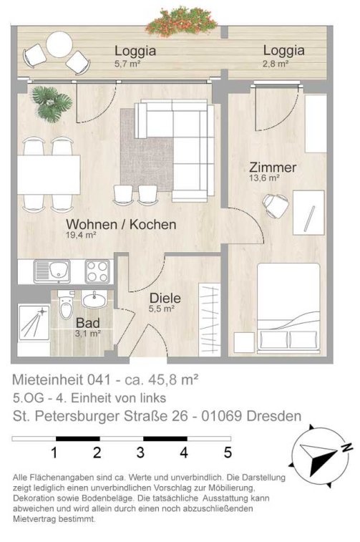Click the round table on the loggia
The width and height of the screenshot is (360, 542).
pos(59,44)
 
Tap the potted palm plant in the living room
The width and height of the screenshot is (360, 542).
pos(52,103)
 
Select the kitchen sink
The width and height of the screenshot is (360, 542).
pos(52,271)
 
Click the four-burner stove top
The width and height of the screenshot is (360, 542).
pos(98,271)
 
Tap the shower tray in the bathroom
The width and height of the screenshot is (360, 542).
pos(34,322)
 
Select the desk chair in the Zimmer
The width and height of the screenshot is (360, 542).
pos(276,205)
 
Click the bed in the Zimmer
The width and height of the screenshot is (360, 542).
pos(288,308)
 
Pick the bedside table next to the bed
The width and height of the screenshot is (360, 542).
pos(244,342)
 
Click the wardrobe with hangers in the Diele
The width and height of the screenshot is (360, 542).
pos(210,319)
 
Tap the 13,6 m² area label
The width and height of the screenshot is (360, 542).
pos(264,178)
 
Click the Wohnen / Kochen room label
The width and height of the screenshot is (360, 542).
pos(121,224)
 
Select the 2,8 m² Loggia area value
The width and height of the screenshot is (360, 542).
pos(276,64)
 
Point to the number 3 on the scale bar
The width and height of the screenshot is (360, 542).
pos(140,453)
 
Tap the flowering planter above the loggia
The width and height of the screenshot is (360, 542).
pos(181,21)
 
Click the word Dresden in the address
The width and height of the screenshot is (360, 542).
pos(273,416)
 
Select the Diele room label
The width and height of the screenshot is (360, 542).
pos(165,298)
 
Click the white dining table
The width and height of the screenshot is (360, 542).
pos(49,175)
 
